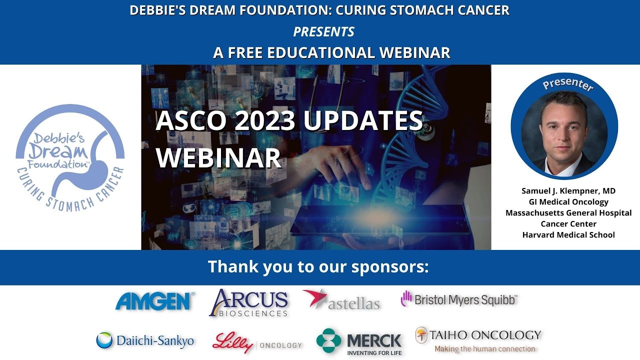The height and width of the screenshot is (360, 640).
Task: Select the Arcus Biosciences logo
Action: (248, 303)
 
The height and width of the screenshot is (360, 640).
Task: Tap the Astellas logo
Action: (341, 300)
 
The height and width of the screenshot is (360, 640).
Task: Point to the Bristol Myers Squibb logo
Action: (459, 299)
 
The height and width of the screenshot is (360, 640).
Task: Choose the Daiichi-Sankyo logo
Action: (145, 340)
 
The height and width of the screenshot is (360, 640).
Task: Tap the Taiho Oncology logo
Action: (478, 340)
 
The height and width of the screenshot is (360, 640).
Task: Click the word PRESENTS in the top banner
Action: (323, 32)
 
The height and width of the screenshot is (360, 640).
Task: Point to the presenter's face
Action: (564, 129)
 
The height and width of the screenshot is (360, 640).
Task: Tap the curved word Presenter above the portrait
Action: (567, 84)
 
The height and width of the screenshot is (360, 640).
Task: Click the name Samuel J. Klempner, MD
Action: (568, 191)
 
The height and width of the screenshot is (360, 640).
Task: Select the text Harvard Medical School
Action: (568, 234)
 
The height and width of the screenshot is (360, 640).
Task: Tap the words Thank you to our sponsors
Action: (318, 266)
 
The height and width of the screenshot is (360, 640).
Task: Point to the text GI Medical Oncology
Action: (568, 202)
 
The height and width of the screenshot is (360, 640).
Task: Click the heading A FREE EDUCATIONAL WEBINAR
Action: (331, 52)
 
